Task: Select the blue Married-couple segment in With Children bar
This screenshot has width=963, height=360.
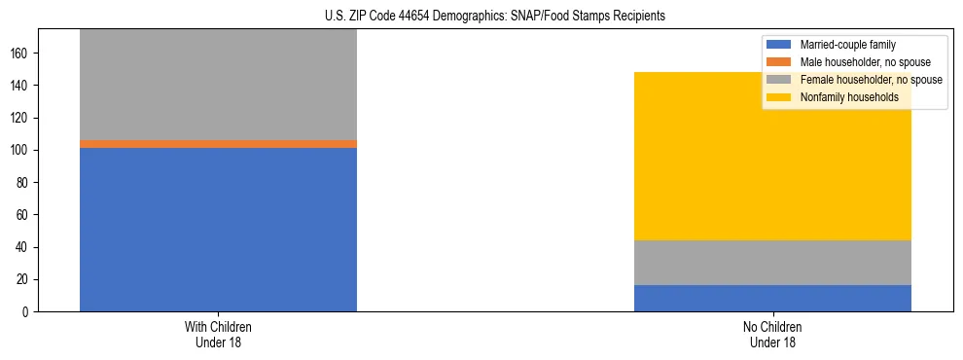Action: coord(218,230)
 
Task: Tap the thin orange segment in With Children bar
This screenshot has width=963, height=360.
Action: coord(218,143)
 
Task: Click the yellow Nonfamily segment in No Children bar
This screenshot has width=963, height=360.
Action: coord(772,156)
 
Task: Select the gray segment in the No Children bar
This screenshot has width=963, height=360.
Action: coord(772,263)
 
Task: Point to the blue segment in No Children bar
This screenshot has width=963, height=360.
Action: coord(772,298)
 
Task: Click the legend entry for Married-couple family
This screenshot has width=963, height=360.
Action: coord(847,45)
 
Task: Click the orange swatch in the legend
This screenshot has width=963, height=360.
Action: coord(780,62)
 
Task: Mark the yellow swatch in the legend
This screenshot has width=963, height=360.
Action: coord(780,97)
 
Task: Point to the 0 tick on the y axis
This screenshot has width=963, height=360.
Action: coord(27,312)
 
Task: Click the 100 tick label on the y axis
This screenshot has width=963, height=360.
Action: coord(21,151)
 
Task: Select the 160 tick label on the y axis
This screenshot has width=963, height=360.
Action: coord(21,54)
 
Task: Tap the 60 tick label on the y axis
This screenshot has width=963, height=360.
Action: coord(24,215)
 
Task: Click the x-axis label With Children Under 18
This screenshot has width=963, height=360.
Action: coord(218,334)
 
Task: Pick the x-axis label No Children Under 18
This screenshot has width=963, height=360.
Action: coord(772,334)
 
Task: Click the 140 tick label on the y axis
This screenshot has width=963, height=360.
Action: coord(21,86)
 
